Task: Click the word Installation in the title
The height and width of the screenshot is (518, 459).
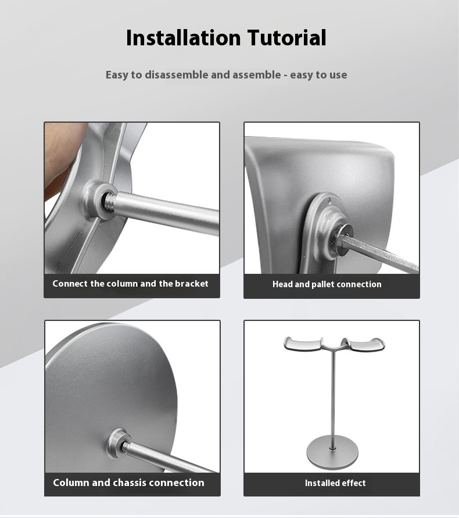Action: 183,38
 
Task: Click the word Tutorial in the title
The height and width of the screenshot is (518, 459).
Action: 287,38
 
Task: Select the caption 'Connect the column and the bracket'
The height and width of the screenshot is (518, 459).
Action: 130,284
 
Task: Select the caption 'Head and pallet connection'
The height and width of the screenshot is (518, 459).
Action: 327,284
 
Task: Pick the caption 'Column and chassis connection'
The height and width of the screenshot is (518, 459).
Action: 128,483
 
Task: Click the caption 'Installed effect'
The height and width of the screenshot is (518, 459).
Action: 335,483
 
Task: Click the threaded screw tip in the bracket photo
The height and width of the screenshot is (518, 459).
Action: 109,201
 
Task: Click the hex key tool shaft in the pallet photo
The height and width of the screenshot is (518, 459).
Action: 380,254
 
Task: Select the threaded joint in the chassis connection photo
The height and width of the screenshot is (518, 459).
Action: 125,446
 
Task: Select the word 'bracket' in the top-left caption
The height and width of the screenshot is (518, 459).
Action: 192,284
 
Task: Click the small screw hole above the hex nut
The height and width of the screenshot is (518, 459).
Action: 329,200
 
